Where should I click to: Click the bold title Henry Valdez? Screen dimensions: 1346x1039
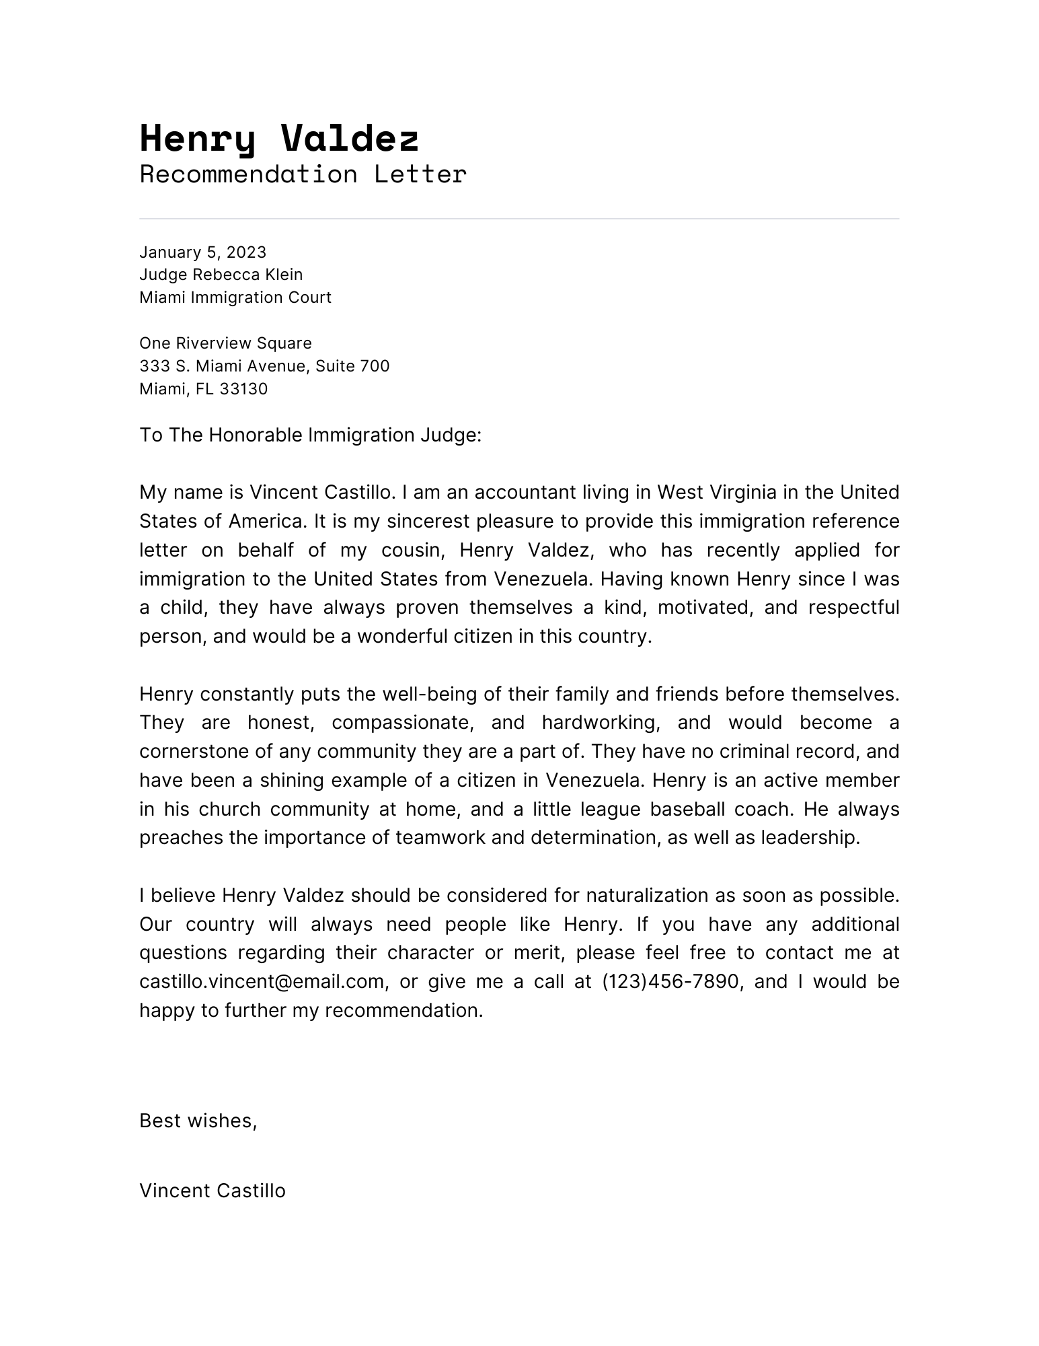pos(279,139)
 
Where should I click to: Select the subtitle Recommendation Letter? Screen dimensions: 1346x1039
pos(303,174)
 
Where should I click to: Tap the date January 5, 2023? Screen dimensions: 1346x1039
pos(202,252)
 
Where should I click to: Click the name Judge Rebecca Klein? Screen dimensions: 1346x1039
pos(221,275)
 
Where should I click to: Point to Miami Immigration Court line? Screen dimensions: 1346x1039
pos(235,297)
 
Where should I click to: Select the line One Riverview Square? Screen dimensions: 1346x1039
pos(225,343)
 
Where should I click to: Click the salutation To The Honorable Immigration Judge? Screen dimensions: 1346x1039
pos(310,435)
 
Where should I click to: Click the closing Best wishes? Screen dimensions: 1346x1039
pos(198,1121)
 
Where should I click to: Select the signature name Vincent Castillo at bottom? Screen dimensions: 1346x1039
pos(212,1191)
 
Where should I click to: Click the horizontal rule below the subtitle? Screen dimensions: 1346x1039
pos(518,219)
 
